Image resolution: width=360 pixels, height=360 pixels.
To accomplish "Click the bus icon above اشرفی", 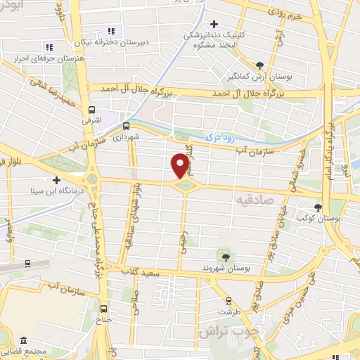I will pyautogui.click(x=92, y=110).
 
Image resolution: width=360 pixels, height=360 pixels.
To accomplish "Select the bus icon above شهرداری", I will pyautogui.click(x=126, y=126).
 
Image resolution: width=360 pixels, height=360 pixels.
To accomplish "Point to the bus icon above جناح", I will pyautogui.click(x=104, y=308).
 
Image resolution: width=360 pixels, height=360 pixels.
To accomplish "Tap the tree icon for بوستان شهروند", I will pyautogui.click(x=225, y=257).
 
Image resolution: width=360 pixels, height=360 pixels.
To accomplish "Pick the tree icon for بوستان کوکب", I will pyautogui.click(x=318, y=207).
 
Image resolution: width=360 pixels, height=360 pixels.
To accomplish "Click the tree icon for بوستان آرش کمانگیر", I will pyautogui.click(x=260, y=65).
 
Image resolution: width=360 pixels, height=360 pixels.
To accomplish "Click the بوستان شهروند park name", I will pyautogui.click(x=226, y=269).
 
